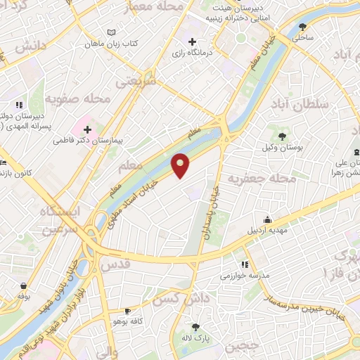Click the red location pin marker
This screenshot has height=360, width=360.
pos(181,165)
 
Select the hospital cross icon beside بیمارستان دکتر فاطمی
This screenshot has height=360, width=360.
pos(87,129)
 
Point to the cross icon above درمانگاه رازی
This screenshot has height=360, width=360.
pos(192,42)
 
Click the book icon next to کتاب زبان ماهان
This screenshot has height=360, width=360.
pos(111,32)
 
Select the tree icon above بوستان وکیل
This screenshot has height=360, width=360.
pos(283,136)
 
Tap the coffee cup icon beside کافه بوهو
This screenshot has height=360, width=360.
pos(127,311)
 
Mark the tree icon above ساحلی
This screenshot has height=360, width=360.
pos(302,26)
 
